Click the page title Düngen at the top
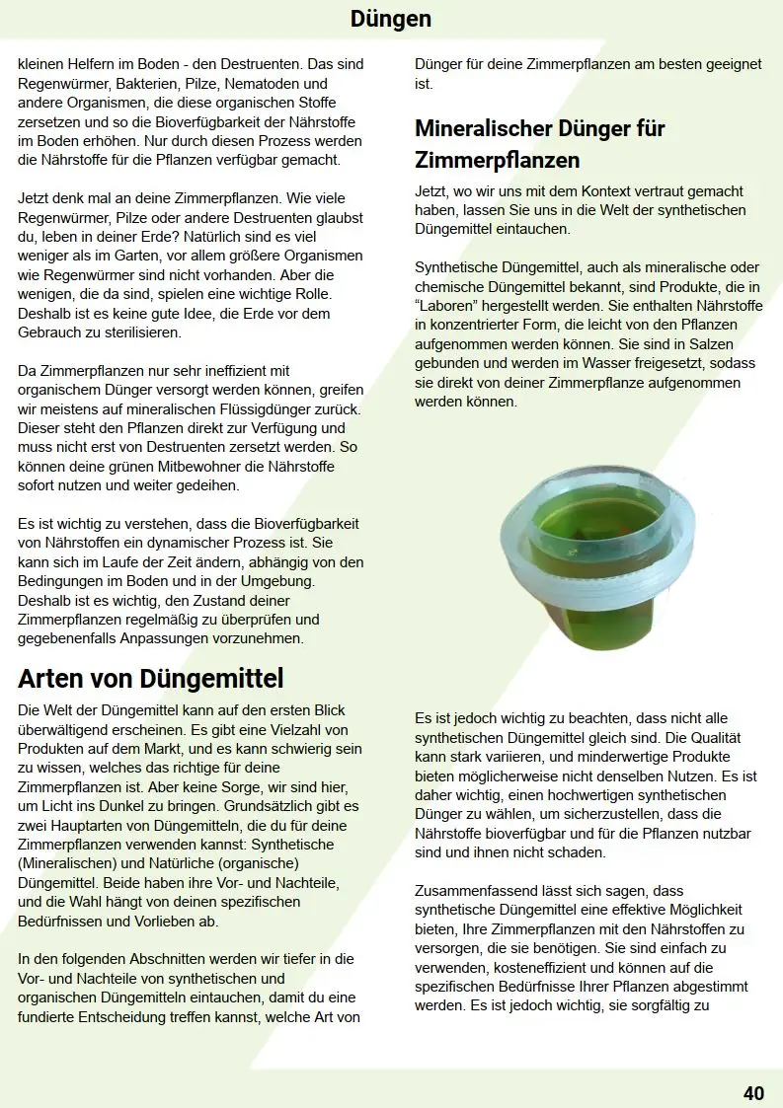coord(390,19)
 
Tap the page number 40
coord(753,1092)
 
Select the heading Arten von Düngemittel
coord(150,679)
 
